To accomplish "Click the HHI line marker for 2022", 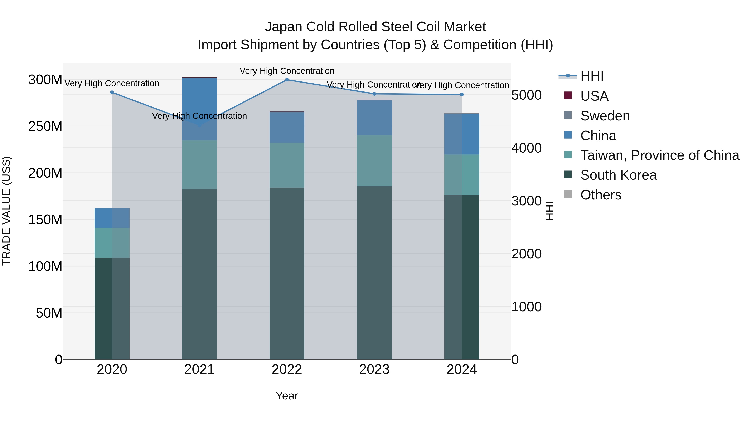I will pyautogui.click(x=287, y=80).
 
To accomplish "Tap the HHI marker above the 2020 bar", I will pyautogui.click(x=112, y=92).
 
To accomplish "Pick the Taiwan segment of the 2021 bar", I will pyautogui.click(x=199, y=165).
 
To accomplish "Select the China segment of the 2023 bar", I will pyautogui.click(x=374, y=118).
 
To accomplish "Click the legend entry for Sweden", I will pyautogui.click(x=605, y=116).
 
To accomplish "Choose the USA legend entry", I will pyautogui.click(x=594, y=96).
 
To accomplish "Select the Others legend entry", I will pyautogui.click(x=601, y=195).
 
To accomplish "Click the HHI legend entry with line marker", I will pyautogui.click(x=592, y=76).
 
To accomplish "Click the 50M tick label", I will pyautogui.click(x=49, y=313).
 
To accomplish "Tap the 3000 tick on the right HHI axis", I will pyautogui.click(x=527, y=201).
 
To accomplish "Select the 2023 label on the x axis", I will pyautogui.click(x=374, y=369).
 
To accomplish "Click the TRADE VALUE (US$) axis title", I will pyautogui.click(x=6, y=211).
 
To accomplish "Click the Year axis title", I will pyautogui.click(x=287, y=396).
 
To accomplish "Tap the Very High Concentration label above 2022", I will pyautogui.click(x=287, y=71).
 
